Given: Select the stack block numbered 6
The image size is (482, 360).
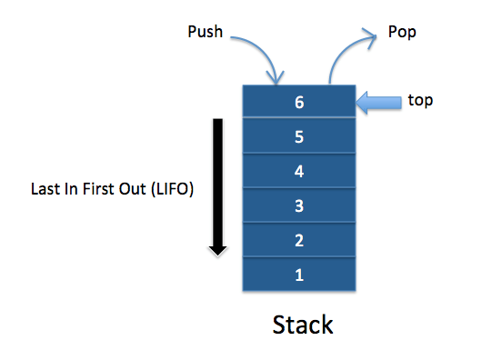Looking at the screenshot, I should pos(299,102).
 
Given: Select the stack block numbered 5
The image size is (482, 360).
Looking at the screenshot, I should pos(299,136).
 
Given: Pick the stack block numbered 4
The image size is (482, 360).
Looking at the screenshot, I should pos(299,170).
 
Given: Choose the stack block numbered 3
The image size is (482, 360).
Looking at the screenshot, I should pos(299,205).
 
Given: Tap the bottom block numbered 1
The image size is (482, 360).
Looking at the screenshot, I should pos(299,272).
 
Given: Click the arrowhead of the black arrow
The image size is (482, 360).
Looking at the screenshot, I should pos(217,247).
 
